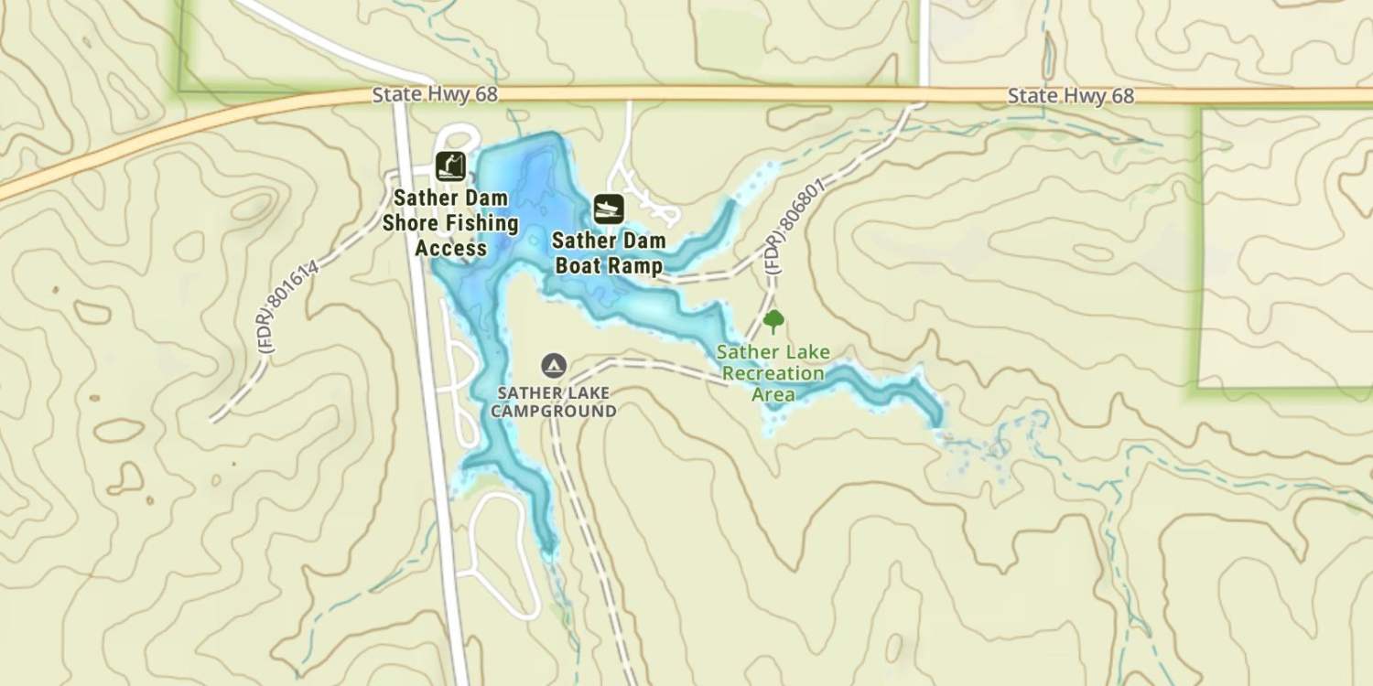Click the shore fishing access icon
(x=449, y=166)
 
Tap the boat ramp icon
(x=609, y=209)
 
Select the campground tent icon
(x=553, y=366)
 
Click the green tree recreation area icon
(x=773, y=321)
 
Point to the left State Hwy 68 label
(x=435, y=95)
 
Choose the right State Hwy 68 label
(x=1070, y=96)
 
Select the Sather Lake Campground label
(x=553, y=402)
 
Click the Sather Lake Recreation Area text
(x=773, y=373)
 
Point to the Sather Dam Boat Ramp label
(x=607, y=253)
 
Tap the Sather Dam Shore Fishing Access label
(x=450, y=223)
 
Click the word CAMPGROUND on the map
(x=553, y=412)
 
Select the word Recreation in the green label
(x=773, y=373)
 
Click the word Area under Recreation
(x=773, y=394)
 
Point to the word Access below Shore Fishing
(x=450, y=248)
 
